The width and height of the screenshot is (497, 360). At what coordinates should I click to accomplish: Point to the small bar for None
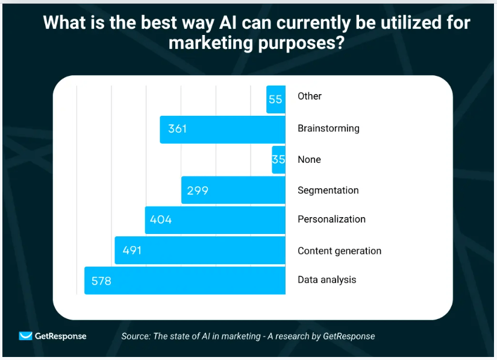pos(278,160)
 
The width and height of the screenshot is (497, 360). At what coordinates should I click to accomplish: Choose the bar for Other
pos(276,99)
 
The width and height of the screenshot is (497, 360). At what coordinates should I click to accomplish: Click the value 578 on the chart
pos(101,281)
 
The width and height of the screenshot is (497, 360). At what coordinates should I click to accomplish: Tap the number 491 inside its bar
pos(132,250)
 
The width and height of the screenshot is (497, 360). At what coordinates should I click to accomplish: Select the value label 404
pos(161,219)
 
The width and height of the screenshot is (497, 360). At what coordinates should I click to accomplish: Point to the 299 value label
pos(198,191)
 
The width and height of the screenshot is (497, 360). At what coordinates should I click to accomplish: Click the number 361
pos(177,129)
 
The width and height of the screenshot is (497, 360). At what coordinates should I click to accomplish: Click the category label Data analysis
pos(327,280)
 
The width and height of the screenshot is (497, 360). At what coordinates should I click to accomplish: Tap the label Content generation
pos(339,251)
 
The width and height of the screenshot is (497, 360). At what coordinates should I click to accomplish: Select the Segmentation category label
pos(328,191)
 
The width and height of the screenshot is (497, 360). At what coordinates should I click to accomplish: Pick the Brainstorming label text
pos(328,128)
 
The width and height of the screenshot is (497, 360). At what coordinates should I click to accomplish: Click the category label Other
pos(310,96)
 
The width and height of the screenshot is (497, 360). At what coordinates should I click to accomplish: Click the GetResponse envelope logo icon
pos(25,336)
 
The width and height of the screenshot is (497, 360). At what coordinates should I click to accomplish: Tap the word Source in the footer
pos(136,336)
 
